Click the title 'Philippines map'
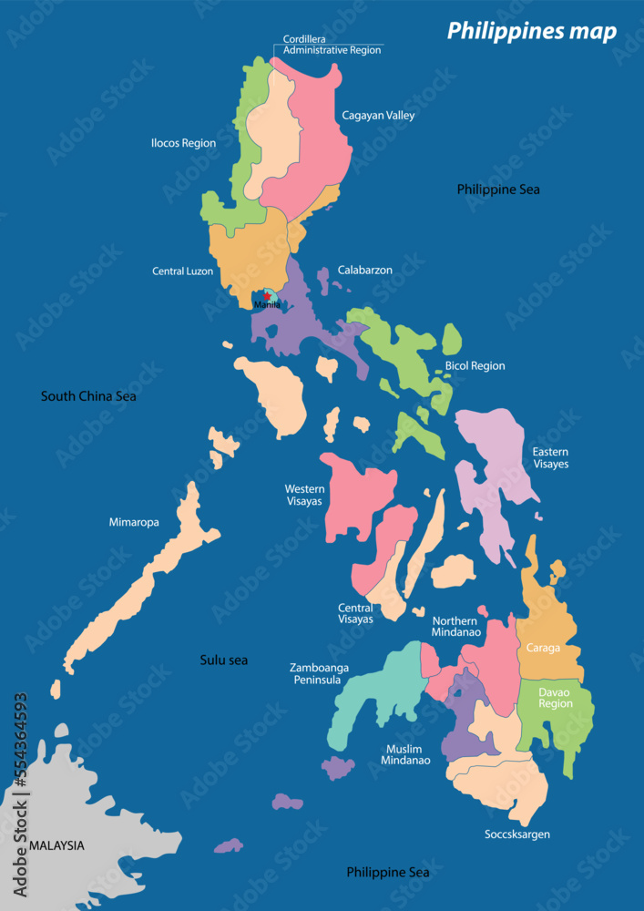pyautogui.click(x=531, y=32)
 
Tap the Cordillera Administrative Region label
pyautogui.click(x=332, y=45)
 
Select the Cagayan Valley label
pyautogui.click(x=378, y=116)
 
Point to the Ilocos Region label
pyautogui.click(x=183, y=143)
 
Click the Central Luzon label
pyautogui.click(x=182, y=271)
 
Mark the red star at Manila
pyautogui.click(x=266, y=295)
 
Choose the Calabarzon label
pyautogui.click(x=364, y=271)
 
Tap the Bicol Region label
pyautogui.click(x=475, y=366)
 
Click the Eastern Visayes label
pyautogui.click(x=550, y=458)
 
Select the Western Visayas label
pyautogui.click(x=304, y=495)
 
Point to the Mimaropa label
pyautogui.click(x=134, y=523)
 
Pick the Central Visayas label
pyautogui.click(x=355, y=613)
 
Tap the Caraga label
pyautogui.click(x=543, y=649)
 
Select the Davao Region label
pyautogui.click(x=556, y=698)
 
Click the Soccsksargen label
pyautogui.click(x=517, y=834)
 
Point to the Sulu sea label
pyautogui.click(x=224, y=660)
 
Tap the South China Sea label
pyautogui.click(x=88, y=396)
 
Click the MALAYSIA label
pyautogui.click(x=56, y=845)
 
